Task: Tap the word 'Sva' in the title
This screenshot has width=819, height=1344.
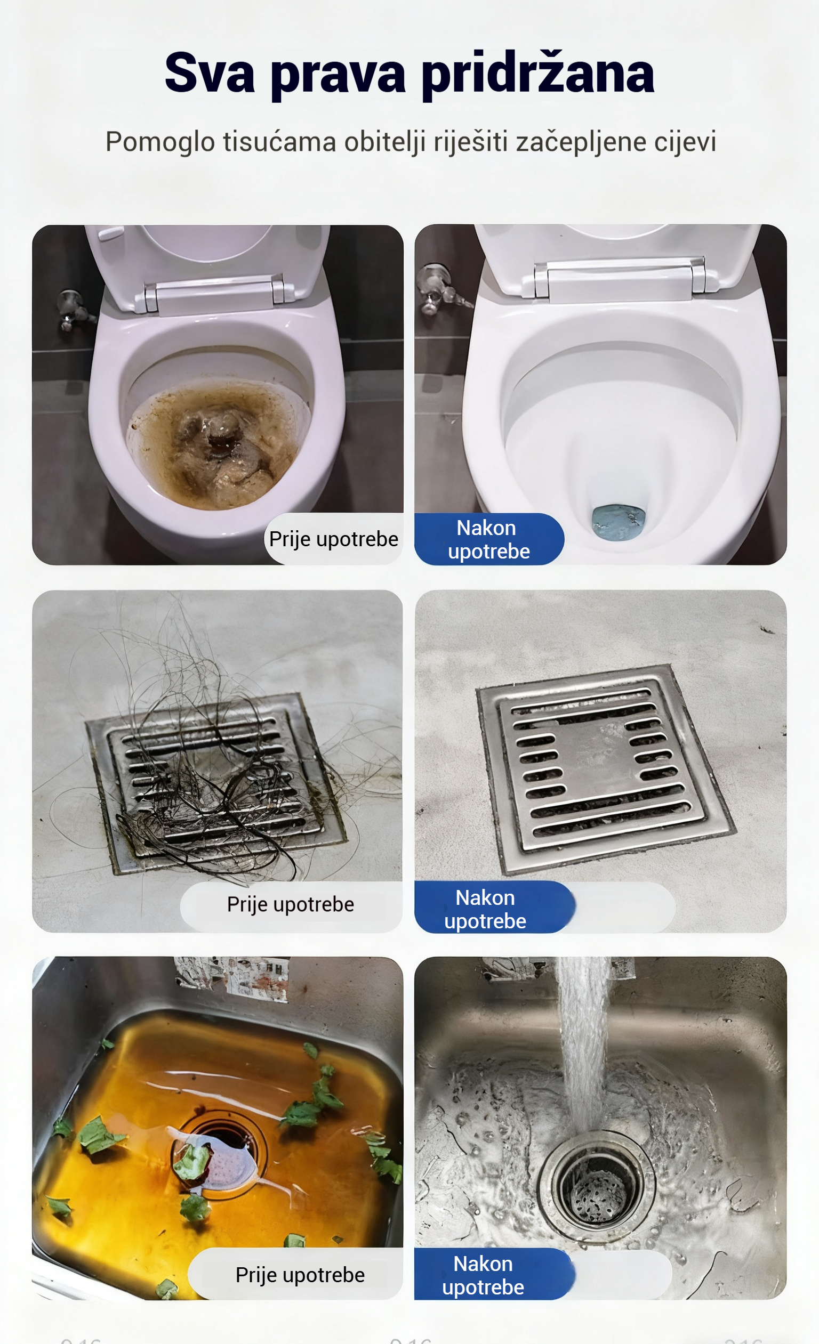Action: (210, 72)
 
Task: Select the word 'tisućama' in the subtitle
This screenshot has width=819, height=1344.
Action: (280, 142)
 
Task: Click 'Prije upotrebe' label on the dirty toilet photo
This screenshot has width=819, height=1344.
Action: (333, 539)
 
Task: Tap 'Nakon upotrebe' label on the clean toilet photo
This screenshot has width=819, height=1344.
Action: (488, 539)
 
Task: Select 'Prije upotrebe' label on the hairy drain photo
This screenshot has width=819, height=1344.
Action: (290, 904)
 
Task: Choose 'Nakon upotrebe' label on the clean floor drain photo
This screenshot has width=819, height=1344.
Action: (485, 909)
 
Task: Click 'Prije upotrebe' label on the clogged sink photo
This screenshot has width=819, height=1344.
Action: (300, 1275)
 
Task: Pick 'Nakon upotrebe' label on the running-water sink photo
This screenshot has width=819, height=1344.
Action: (483, 1275)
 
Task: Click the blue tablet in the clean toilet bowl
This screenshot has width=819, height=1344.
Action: (619, 522)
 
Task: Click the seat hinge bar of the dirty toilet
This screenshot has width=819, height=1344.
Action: (214, 296)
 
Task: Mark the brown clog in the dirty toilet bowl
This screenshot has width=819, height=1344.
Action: (218, 444)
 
